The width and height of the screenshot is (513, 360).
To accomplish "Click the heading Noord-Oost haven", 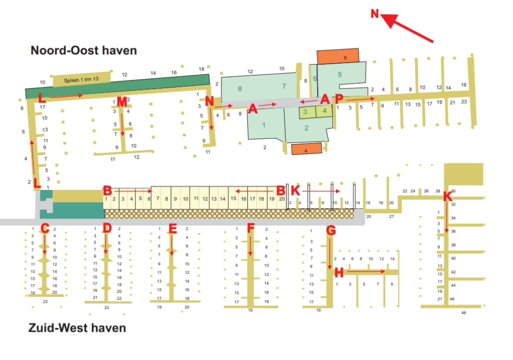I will coord(84,50).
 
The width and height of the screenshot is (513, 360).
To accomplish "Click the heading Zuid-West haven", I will coord(77,327).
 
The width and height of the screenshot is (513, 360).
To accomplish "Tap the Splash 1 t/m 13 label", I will coord(81,81).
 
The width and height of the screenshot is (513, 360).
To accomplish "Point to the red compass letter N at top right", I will coord(375,13).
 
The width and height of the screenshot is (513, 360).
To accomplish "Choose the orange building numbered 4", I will coord(306,150).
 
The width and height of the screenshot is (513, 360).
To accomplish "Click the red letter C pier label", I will coord(45,229).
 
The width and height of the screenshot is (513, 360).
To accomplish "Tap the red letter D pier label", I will coord(107,228).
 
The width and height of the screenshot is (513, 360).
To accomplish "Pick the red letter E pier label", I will coord(172,229).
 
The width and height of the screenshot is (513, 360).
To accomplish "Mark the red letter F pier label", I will coord(250,228).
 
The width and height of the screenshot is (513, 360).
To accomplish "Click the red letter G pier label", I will coord(331,231).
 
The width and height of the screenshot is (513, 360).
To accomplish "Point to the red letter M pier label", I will coord(122,102).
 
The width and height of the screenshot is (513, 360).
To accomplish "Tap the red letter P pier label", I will coord(339,98).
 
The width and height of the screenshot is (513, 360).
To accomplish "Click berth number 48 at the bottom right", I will coord(464,312).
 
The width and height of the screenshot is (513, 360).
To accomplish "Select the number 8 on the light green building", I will coord(240,89).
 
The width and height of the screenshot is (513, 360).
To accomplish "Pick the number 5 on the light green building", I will coord(340,74).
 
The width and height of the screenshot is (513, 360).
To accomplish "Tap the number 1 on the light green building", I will coord(264,125).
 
